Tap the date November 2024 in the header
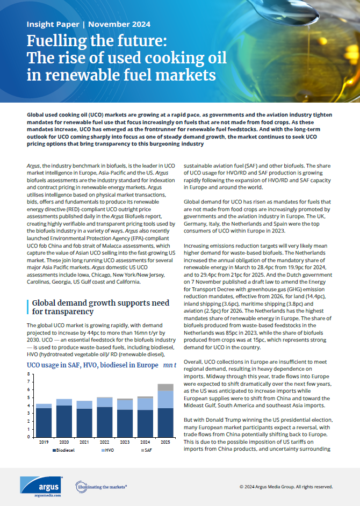click(119, 25)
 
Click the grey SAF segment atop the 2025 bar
click(165, 387)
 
